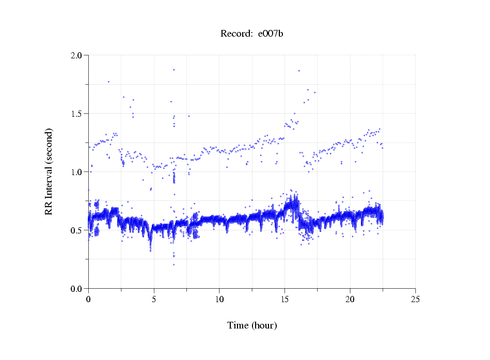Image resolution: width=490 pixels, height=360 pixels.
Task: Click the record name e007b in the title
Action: click(x=271, y=34)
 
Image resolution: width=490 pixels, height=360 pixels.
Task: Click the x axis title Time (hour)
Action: click(x=252, y=325)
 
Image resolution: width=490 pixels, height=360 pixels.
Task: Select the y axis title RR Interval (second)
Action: click(x=49, y=172)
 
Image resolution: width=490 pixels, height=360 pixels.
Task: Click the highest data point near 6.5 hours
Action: click(x=174, y=70)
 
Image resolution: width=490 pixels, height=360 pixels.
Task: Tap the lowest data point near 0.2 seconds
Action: click(x=173, y=264)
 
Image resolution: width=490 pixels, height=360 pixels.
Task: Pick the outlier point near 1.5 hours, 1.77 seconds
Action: click(x=108, y=82)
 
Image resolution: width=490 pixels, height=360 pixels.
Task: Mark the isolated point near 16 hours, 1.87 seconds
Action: click(x=299, y=71)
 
